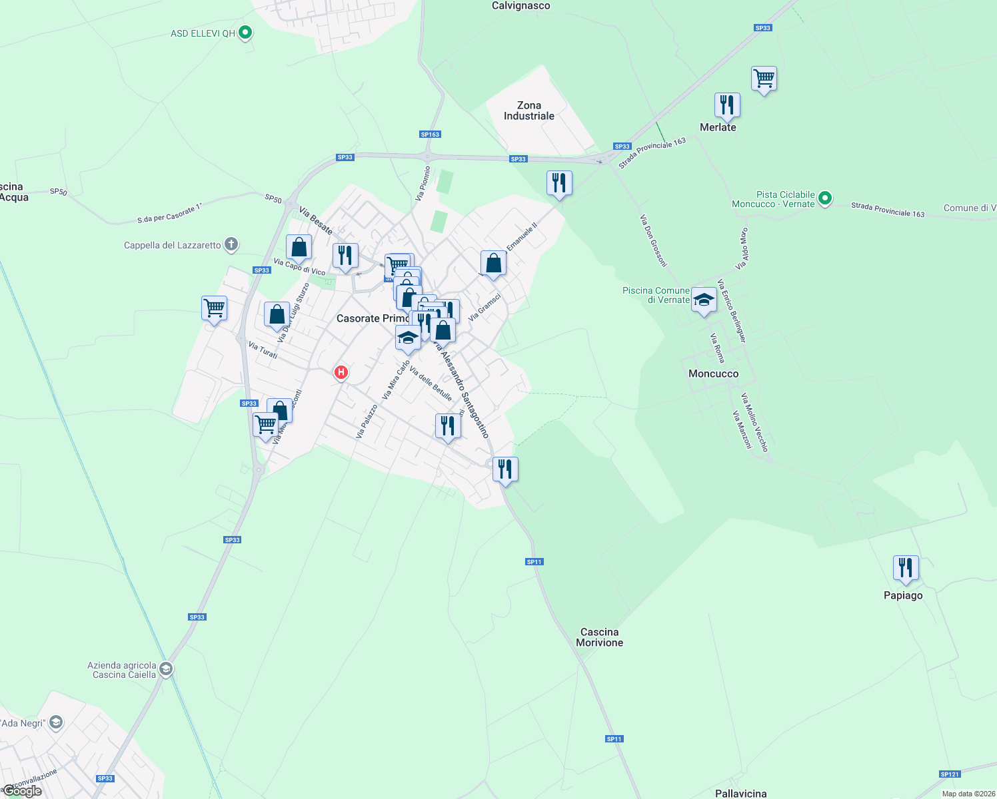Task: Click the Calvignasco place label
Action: pyautogui.click(x=520, y=6)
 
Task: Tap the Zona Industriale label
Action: pyautogui.click(x=528, y=111)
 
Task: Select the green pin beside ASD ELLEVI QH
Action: pyautogui.click(x=245, y=32)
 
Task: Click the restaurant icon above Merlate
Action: pyautogui.click(x=727, y=105)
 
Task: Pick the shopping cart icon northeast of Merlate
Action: pyautogui.click(x=764, y=79)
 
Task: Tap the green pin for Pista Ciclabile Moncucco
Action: pyautogui.click(x=824, y=198)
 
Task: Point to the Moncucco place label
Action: pyautogui.click(x=713, y=374)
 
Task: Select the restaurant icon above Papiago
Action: pyautogui.click(x=905, y=568)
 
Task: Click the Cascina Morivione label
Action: pyautogui.click(x=599, y=637)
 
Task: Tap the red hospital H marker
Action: pyautogui.click(x=341, y=372)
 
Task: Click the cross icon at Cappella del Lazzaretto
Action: pyautogui.click(x=231, y=244)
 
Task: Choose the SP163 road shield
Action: pyautogui.click(x=430, y=134)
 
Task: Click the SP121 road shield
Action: pyautogui.click(x=949, y=774)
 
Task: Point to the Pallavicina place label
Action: pyautogui.click(x=740, y=793)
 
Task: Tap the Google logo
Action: pyautogui.click(x=22, y=791)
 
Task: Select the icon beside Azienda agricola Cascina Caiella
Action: pyautogui.click(x=166, y=669)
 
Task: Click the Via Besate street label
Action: pyautogui.click(x=316, y=220)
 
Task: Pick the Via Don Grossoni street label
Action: pyautogui.click(x=653, y=240)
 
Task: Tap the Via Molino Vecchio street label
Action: pyautogui.click(x=754, y=423)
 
